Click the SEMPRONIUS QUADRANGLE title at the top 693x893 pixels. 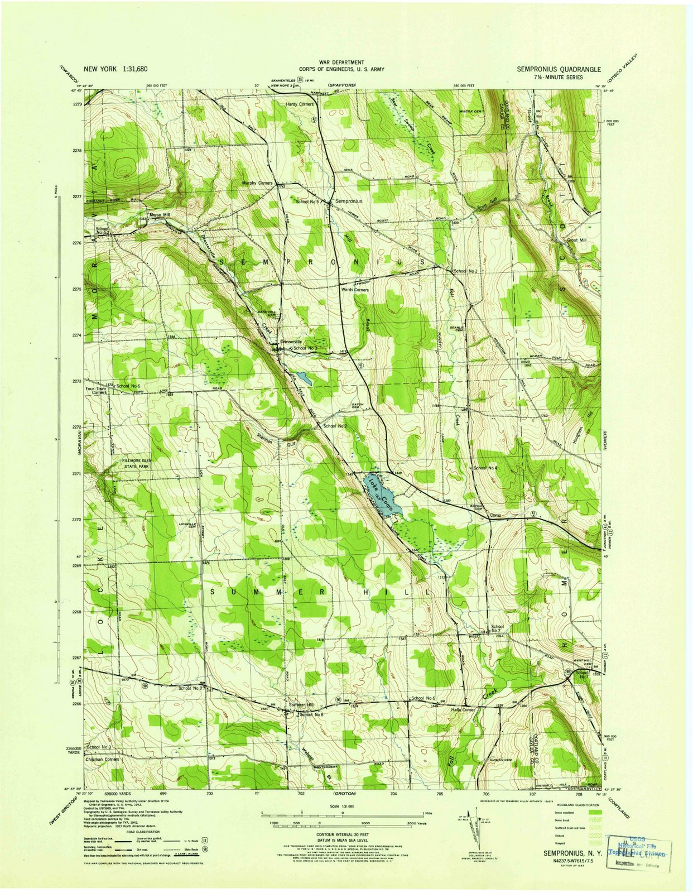click(559, 70)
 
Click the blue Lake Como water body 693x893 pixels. click(382, 493)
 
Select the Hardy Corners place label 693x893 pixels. click(300, 104)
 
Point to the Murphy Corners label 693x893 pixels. click(257, 183)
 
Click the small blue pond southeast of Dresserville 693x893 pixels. click(304, 378)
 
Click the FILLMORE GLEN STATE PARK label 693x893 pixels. click(137, 463)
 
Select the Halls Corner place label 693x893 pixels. click(463, 710)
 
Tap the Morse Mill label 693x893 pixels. click(158, 214)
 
